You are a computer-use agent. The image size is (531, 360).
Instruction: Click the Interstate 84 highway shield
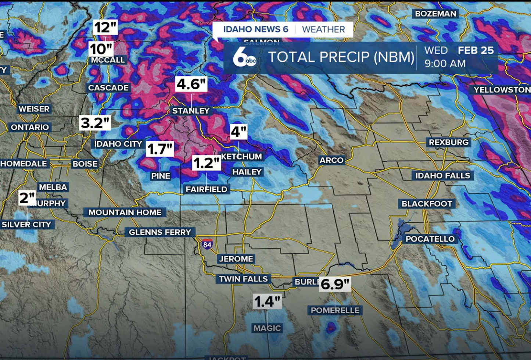point(207,244)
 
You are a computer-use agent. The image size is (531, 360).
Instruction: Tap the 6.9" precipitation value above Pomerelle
point(335,284)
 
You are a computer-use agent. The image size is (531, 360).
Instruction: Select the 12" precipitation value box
point(105,27)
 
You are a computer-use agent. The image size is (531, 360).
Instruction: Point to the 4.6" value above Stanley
point(191,84)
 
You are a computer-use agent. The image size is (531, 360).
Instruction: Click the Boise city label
point(85,164)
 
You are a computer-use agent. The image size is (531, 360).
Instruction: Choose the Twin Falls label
point(243,279)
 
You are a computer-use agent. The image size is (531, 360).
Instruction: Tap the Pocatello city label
point(430,239)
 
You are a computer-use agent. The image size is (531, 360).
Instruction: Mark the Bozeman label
point(435,14)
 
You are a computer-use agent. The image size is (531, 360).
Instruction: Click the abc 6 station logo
point(244,58)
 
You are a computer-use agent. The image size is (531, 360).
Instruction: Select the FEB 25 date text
point(476,50)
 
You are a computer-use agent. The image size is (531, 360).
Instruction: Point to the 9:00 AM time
point(445,64)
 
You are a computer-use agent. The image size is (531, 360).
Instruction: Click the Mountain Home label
point(125,213)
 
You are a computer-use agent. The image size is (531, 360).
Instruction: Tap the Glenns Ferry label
point(160,232)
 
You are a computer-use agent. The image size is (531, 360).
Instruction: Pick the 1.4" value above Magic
point(267,302)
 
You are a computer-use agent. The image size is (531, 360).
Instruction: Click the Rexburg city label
point(448,142)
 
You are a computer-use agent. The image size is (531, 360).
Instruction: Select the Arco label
point(331,160)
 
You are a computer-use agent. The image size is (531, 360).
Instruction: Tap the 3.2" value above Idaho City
point(95,123)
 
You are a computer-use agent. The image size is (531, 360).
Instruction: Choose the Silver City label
point(26,225)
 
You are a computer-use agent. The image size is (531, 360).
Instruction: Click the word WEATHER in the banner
point(323,29)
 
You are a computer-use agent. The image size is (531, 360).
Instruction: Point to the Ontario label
point(30,127)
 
